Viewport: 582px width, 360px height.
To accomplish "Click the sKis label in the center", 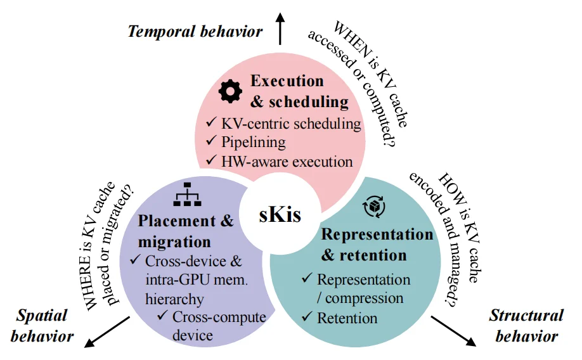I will [x=280, y=214].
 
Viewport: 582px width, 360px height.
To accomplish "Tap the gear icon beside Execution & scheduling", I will [x=230, y=91].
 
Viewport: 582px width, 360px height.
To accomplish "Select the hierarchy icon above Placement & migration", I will [x=187, y=195].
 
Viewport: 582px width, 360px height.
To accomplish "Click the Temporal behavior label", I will [x=195, y=31].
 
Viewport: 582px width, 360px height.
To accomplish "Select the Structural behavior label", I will [x=527, y=326].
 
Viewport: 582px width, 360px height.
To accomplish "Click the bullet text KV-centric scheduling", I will [x=291, y=124].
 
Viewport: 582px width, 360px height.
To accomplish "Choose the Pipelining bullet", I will [x=253, y=142].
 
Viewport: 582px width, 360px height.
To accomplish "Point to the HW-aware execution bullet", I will [x=287, y=161].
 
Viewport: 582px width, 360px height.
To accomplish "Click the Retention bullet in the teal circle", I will [x=347, y=318].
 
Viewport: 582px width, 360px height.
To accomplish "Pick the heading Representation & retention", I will [x=377, y=245].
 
